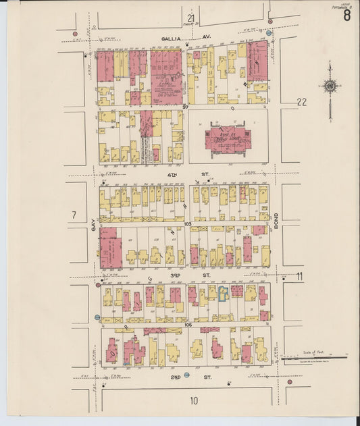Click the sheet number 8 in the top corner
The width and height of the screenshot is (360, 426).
pos(346,16)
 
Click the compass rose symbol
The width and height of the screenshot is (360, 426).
pos(330,86)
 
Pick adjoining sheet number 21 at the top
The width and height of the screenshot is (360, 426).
pos(191,18)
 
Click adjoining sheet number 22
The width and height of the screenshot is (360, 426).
pos(301,102)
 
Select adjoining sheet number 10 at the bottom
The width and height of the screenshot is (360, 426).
pos(194,401)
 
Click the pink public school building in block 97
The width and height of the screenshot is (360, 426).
pos(228,138)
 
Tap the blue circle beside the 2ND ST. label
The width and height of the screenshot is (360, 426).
pos(186,375)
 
